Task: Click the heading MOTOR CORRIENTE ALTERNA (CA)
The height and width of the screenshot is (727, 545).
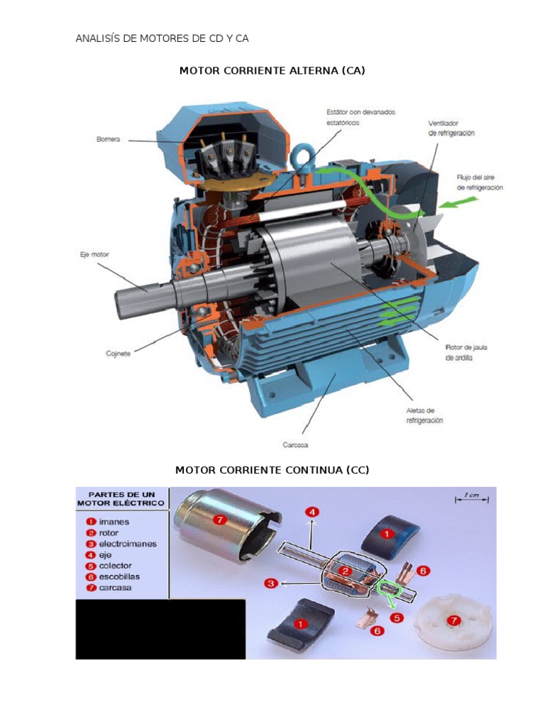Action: click(x=272, y=71)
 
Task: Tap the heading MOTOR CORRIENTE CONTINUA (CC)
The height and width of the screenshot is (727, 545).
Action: click(x=272, y=470)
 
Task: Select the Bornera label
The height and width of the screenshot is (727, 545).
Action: click(x=108, y=140)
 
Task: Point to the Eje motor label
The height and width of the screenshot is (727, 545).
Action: click(x=94, y=253)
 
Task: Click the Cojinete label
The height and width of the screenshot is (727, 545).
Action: click(x=118, y=353)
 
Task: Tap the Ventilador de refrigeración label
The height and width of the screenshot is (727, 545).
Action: click(x=451, y=128)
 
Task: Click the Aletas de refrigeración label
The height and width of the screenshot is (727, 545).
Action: click(x=424, y=415)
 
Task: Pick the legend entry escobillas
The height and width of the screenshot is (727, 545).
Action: click(x=120, y=576)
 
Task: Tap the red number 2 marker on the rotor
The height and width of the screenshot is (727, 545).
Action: click(x=343, y=571)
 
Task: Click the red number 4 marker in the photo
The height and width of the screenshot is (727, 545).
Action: click(x=312, y=510)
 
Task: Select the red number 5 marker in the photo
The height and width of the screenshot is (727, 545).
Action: click(x=397, y=618)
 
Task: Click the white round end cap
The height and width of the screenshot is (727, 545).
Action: click(x=451, y=621)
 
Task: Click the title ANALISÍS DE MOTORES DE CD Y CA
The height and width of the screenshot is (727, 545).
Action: click(x=162, y=38)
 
